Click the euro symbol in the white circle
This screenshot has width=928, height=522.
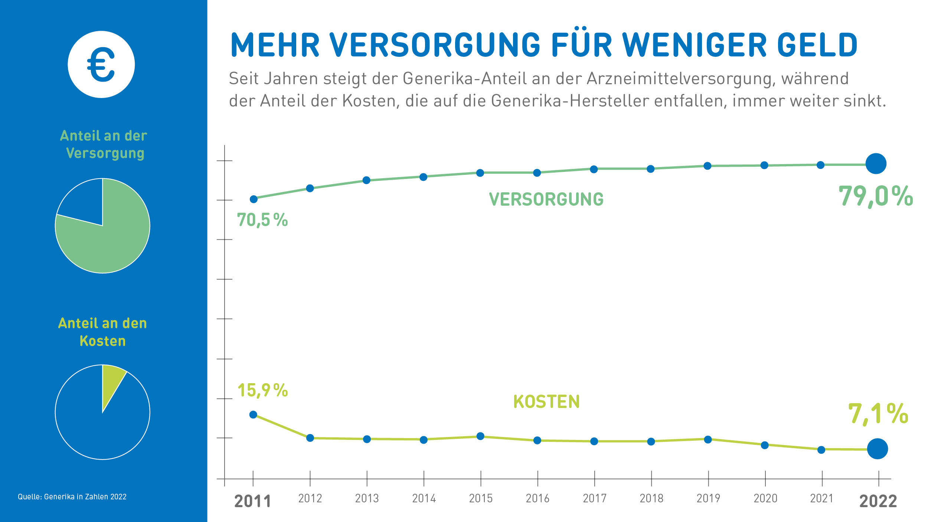click(x=101, y=65)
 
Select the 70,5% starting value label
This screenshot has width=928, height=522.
click(x=262, y=220)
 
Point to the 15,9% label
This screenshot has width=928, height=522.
click(x=262, y=390)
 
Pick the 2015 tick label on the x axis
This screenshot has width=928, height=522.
click(x=481, y=498)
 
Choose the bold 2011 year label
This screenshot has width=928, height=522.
click(x=253, y=501)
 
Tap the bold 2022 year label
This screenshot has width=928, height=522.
click(x=878, y=501)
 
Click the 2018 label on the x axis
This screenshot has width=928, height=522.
click(x=651, y=498)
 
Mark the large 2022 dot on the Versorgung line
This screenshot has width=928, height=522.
click(x=876, y=164)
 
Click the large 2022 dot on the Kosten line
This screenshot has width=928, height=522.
click(x=877, y=448)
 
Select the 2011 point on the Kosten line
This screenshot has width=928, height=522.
click(x=253, y=415)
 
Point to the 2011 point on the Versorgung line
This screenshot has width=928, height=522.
click(x=254, y=199)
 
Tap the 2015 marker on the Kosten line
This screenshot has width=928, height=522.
click(x=480, y=436)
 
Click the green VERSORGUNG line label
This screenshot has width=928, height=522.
click(x=546, y=199)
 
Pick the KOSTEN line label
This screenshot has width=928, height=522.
click(x=546, y=402)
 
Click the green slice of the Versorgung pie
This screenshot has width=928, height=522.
click(x=111, y=238)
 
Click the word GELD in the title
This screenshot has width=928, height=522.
click(x=817, y=45)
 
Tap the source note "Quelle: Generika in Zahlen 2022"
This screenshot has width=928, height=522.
click(x=72, y=497)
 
